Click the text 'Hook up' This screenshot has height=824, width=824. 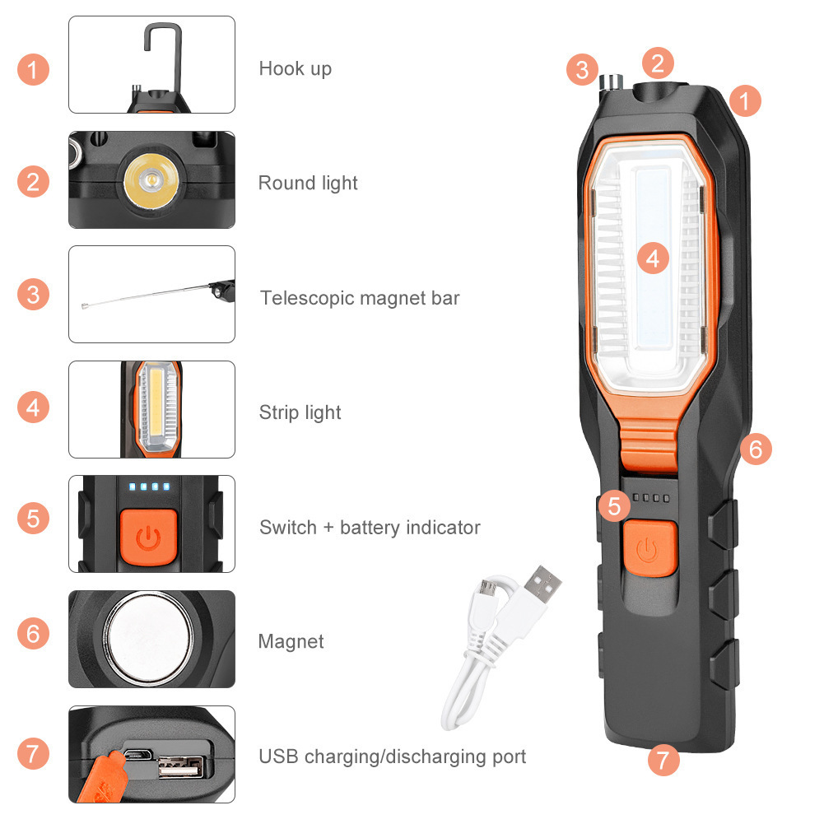point(295,68)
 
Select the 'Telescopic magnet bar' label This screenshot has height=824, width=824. point(360,297)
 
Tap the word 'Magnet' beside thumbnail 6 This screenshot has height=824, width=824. point(291,641)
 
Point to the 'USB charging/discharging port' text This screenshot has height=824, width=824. point(392,756)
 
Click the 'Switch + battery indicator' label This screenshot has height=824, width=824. point(370,527)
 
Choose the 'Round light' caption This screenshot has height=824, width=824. point(308,183)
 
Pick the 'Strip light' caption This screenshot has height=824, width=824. point(300,412)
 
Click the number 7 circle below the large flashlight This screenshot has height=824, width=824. point(663,760)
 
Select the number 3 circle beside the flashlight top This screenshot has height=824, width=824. point(582,70)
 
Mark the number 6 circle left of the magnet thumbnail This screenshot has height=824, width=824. point(33,634)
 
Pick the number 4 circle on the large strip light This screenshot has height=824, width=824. point(653,258)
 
